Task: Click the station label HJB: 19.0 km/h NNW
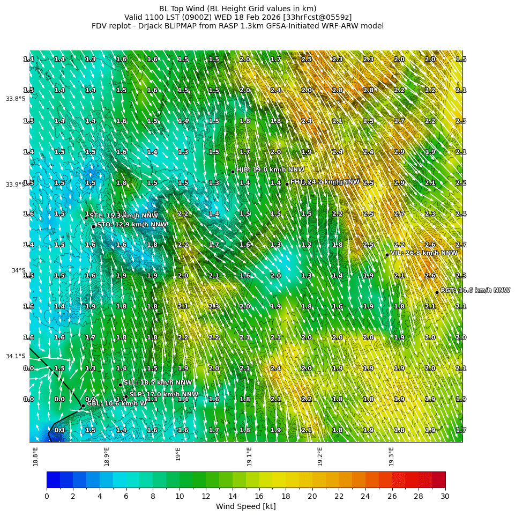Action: [x=263, y=169]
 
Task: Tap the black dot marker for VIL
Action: [x=387, y=255]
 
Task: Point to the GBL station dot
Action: [x=83, y=406]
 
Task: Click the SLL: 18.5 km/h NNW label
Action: [x=158, y=382]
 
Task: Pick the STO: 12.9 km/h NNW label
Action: [x=131, y=224]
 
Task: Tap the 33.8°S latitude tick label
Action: [x=16, y=99]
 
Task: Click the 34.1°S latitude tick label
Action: [x=16, y=356]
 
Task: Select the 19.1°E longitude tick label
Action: [x=249, y=456]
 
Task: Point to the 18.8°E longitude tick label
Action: [x=35, y=456]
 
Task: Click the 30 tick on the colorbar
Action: [x=445, y=496]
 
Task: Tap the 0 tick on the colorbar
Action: [x=47, y=496]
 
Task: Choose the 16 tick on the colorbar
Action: [x=259, y=496]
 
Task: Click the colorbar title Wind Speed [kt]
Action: [x=245, y=506]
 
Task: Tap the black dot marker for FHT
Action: [x=287, y=184]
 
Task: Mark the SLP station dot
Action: [x=126, y=397]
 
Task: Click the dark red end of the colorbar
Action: [x=438, y=479]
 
